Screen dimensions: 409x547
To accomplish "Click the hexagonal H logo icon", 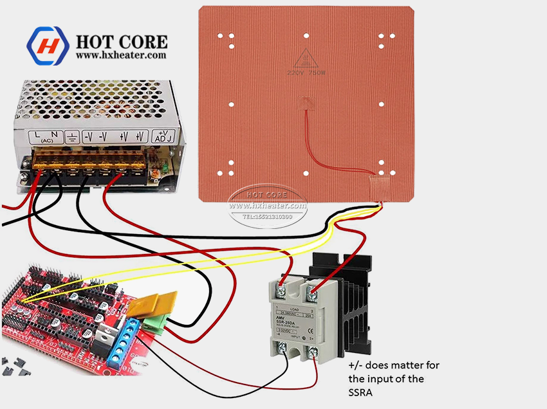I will (47, 46).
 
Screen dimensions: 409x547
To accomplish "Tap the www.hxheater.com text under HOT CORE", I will (121, 55).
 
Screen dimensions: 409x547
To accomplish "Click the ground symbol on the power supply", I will (73, 136).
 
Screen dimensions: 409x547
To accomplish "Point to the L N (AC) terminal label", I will (44, 136).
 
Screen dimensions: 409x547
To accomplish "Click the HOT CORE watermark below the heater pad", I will (269, 195).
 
